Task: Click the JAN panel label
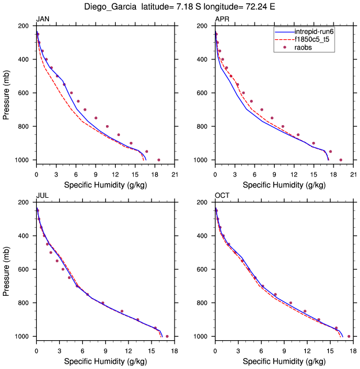42,20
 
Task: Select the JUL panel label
42,196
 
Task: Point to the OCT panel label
222,196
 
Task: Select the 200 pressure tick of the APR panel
202,27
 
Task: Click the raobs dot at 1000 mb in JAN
159,160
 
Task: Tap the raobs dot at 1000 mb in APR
341,160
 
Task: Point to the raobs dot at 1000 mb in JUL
167,336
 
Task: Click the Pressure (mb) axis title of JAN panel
7,93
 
